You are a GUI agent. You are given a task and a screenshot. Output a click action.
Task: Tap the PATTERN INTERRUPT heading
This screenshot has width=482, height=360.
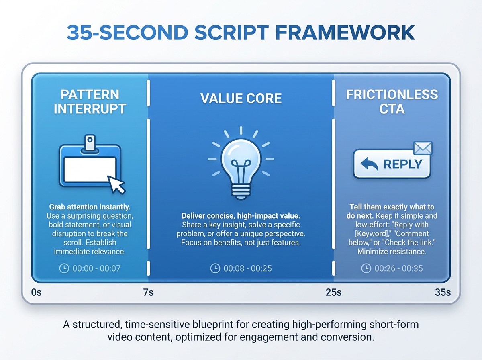pyautogui.click(x=90, y=102)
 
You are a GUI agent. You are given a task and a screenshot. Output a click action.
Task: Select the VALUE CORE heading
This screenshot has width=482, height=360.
pyautogui.click(x=241, y=98)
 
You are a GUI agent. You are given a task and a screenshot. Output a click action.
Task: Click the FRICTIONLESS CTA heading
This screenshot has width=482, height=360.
pyautogui.click(x=392, y=102)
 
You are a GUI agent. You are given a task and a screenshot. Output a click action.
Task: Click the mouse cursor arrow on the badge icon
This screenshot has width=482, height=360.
pyautogui.click(x=116, y=184)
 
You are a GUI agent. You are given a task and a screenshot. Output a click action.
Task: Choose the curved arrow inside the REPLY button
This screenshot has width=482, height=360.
pyautogui.click(x=369, y=164)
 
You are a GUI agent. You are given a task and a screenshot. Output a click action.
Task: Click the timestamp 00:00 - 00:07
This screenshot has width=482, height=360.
pyautogui.click(x=96, y=268)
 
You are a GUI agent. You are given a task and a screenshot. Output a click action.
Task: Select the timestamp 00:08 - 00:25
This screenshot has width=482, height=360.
pyautogui.click(x=247, y=268)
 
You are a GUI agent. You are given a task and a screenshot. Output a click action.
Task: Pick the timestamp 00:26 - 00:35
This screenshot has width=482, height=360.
pyautogui.click(x=398, y=268)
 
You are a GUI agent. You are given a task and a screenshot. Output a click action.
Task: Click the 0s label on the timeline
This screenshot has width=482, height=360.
pyautogui.click(x=36, y=292)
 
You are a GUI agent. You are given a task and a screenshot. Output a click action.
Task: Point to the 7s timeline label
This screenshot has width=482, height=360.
pyautogui.click(x=148, y=292)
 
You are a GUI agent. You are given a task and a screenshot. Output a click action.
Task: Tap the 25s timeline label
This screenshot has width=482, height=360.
pyautogui.click(x=333, y=292)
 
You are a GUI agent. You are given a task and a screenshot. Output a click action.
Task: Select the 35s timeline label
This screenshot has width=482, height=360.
pyautogui.click(x=443, y=292)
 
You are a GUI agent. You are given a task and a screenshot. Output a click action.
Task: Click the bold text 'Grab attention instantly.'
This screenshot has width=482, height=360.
pyautogui.click(x=90, y=207)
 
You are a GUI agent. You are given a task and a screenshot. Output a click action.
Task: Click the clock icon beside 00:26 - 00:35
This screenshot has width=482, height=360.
pyautogui.click(x=366, y=268)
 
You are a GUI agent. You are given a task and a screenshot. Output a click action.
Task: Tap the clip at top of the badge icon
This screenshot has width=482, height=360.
pyautogui.click(x=90, y=143)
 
